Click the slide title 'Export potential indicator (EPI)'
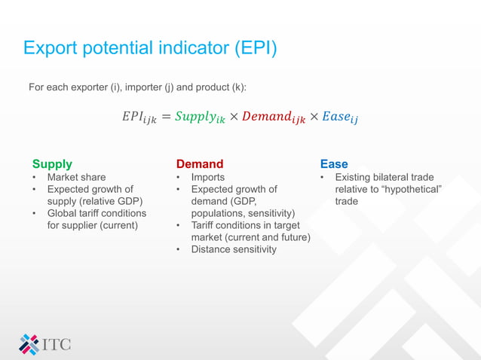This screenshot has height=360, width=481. click(x=150, y=48)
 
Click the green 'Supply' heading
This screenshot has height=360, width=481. click(x=52, y=163)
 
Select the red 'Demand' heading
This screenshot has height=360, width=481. click(x=200, y=163)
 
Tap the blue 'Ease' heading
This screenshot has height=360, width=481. click(x=334, y=163)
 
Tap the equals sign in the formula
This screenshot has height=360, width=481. click(x=167, y=116)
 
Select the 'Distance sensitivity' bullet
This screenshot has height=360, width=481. click(x=234, y=249)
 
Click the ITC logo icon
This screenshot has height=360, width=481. click(x=29, y=343)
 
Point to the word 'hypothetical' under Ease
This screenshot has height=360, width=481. click(x=412, y=190)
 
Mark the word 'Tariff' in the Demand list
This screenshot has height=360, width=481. click(x=204, y=225)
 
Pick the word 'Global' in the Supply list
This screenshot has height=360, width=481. click(x=63, y=213)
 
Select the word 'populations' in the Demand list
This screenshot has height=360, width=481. click(x=217, y=213)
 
